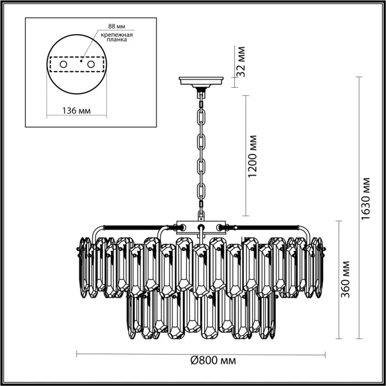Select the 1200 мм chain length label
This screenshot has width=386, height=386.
tap(253, 156)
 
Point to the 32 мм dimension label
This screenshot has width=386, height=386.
tap(241, 62)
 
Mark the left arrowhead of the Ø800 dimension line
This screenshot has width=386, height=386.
tap(77, 353)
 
